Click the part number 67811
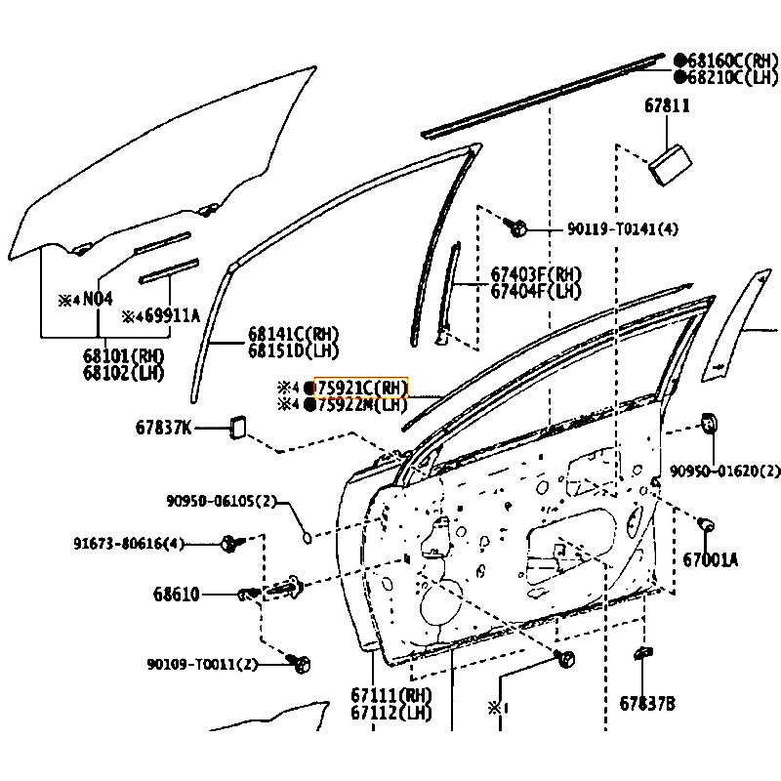(x=668, y=104)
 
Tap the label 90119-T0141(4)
(x=622, y=229)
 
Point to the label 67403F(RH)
(x=536, y=274)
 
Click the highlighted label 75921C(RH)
(x=358, y=387)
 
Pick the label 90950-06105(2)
(x=221, y=501)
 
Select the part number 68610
(x=176, y=593)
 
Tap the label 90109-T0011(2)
(x=203, y=664)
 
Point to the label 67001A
(x=711, y=559)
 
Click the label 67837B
(x=646, y=703)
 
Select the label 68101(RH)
(x=124, y=355)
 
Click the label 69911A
(x=168, y=315)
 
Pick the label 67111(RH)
(x=390, y=695)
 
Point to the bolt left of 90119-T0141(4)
(x=518, y=228)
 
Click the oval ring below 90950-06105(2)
(x=307, y=535)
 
